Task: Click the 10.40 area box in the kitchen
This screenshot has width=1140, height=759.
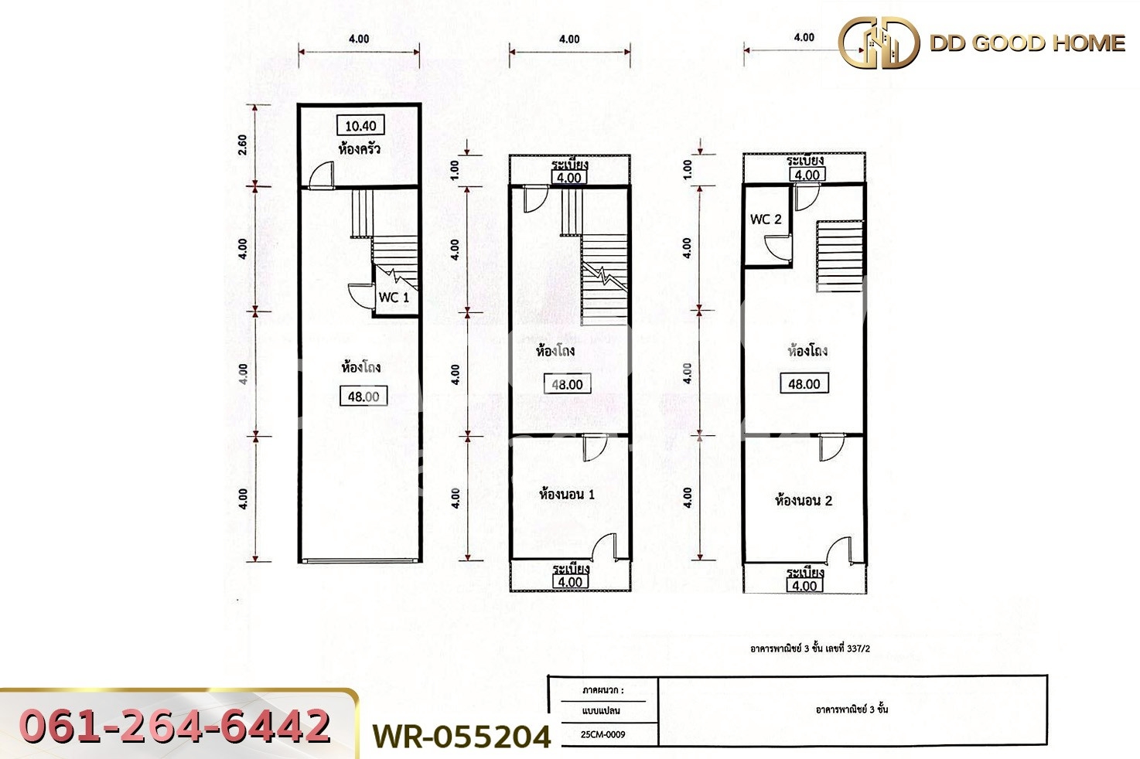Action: [360, 126]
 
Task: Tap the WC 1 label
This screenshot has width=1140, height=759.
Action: [394, 297]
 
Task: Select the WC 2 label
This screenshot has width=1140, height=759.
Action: [766, 220]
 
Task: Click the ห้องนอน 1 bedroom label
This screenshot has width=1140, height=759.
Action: [567, 495]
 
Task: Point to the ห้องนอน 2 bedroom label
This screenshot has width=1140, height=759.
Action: [804, 500]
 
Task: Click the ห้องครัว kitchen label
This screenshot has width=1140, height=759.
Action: [360, 148]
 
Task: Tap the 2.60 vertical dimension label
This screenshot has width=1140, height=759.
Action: [243, 145]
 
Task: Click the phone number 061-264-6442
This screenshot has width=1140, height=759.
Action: [176, 727]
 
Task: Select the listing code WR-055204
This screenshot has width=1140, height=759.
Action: [462, 737]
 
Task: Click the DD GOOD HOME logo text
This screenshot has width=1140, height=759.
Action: [1027, 43]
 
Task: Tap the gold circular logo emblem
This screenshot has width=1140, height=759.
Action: [879, 43]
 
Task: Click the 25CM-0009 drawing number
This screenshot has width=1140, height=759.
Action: [603, 734]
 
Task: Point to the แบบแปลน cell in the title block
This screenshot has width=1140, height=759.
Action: [602, 710]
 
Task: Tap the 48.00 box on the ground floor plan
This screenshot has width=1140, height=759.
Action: [363, 397]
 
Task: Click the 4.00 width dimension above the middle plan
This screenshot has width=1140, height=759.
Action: [569, 39]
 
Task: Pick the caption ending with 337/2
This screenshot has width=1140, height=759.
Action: [810, 648]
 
